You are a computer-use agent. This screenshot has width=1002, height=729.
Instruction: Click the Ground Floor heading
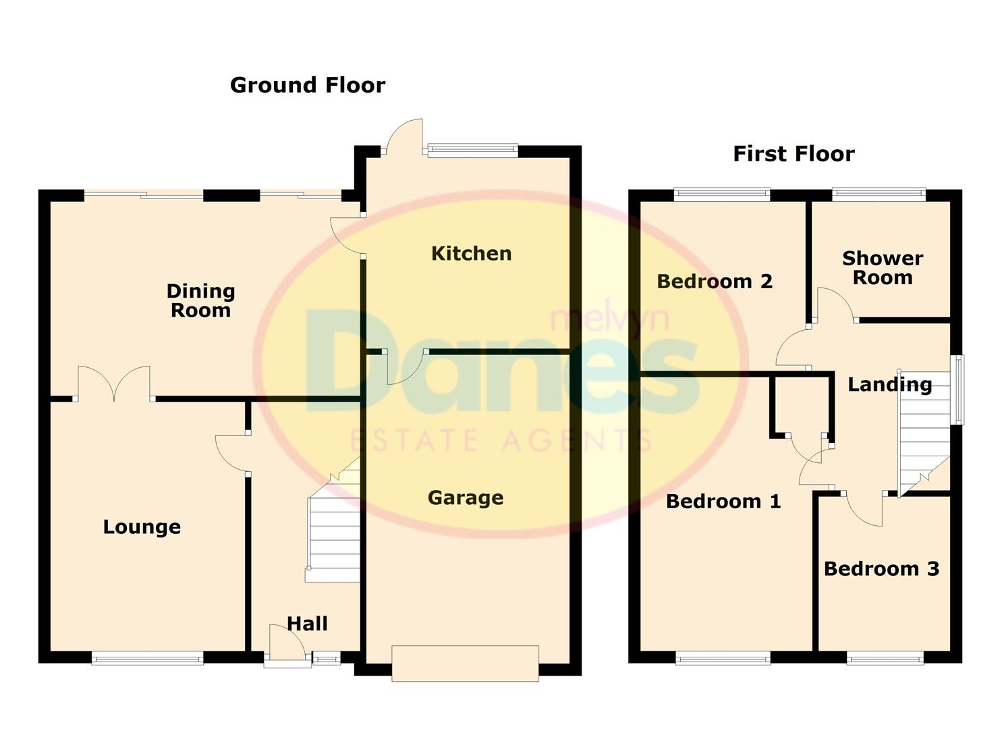[308, 85]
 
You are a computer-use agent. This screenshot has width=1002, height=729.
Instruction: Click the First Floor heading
[794, 154]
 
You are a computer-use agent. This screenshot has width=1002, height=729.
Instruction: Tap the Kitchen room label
[471, 254]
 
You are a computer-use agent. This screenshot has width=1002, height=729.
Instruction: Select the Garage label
[466, 498]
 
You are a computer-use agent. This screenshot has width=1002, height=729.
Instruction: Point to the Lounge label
[142, 527]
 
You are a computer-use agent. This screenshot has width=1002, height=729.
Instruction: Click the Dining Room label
[200, 301]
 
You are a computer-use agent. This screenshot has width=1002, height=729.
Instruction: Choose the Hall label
[308, 624]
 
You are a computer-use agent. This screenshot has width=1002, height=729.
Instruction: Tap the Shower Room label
[883, 268]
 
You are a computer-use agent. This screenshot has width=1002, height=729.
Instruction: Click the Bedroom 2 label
[715, 281]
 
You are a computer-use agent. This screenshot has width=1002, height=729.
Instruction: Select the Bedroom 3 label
[881, 569]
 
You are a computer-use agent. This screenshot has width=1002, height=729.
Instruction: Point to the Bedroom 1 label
[723, 502]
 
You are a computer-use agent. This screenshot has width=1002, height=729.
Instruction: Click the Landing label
[890, 385]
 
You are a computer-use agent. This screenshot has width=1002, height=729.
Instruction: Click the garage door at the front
[465, 663]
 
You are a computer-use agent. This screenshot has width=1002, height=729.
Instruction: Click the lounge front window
[147, 657]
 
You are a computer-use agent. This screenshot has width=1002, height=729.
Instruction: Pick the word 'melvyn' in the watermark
[610, 319]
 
